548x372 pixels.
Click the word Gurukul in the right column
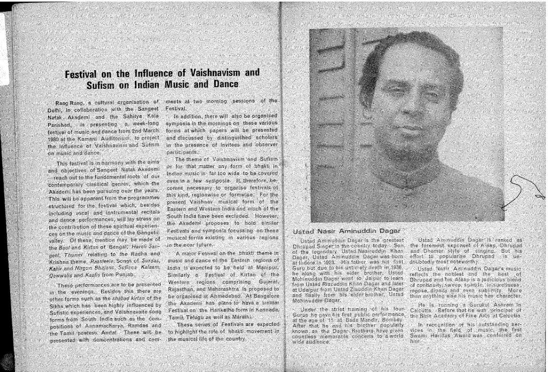click(x=470, y=305)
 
